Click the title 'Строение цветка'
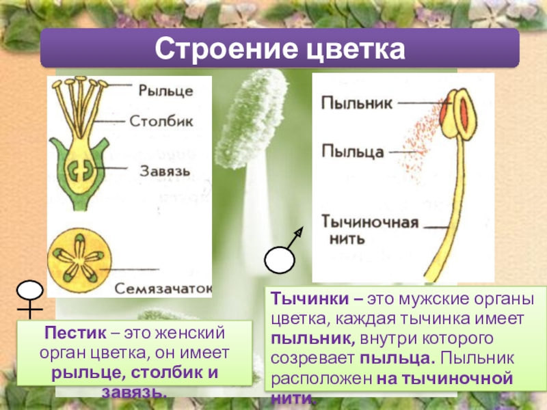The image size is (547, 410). click(x=279, y=49)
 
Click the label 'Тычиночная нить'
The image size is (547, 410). click(x=360, y=230)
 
